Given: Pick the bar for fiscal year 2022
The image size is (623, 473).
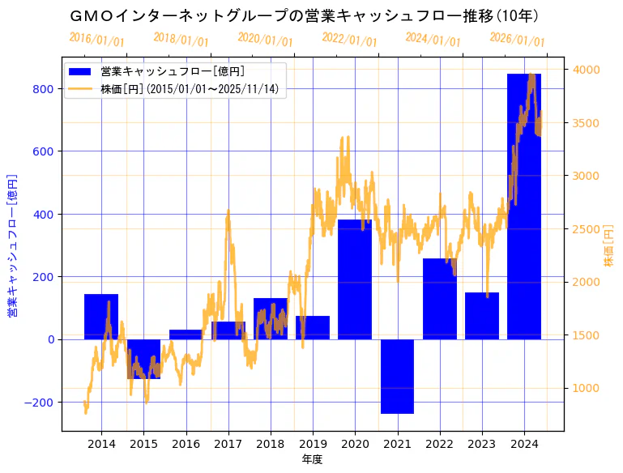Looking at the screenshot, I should coord(439,299).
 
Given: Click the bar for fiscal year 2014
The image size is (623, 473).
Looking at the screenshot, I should coord(101,317).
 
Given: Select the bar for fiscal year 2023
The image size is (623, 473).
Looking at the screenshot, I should coord(482,316).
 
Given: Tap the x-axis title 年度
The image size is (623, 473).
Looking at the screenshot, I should coord(312,459).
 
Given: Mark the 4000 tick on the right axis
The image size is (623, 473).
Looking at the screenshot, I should coord(586,70).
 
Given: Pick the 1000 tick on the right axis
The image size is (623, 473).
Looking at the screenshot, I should coord(586,388).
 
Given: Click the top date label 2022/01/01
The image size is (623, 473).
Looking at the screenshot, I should coord(349,40).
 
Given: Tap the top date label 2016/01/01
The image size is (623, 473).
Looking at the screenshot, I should coord(96,40).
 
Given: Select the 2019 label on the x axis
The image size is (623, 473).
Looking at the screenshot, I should coord(313,444).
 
